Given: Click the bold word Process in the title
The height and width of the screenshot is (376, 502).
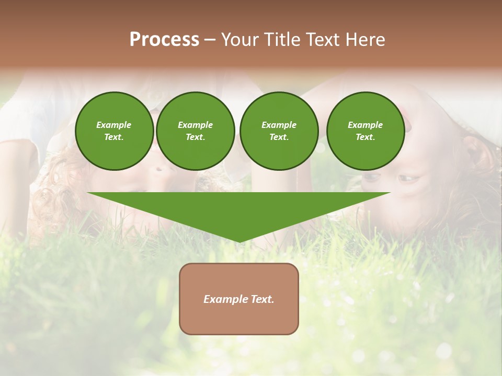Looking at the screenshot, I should click(164, 40).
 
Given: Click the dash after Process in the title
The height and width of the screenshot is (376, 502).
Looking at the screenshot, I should click(210, 40).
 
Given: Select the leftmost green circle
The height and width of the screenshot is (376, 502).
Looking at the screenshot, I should click(114, 131).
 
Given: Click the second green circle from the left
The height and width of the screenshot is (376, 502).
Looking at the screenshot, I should click(195, 131).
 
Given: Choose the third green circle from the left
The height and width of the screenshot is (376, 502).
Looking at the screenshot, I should click(279, 131).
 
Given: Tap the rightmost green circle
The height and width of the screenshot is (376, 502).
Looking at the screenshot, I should click(365, 131).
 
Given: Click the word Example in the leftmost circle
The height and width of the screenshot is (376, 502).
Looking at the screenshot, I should click(114, 125).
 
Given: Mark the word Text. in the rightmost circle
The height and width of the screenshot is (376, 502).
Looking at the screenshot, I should click(365, 137).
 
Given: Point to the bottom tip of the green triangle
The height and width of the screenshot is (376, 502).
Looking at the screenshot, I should click(239, 242).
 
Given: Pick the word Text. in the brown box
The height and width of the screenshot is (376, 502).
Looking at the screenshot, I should click(261, 299).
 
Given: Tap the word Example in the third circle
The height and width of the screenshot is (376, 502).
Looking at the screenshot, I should click(279, 125).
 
